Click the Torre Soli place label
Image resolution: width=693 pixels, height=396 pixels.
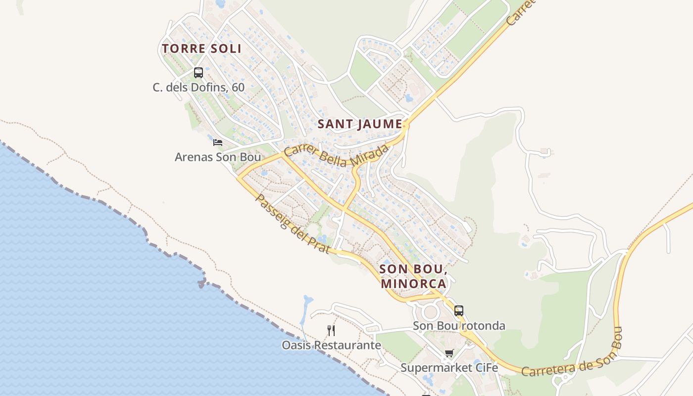pyautogui.click(x=201, y=49)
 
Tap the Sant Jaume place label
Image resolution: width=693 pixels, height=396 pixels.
pyautogui.click(x=360, y=124)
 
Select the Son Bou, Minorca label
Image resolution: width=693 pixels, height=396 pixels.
pyautogui.click(x=414, y=277)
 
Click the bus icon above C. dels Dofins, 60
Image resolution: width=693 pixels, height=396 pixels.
pyautogui.click(x=198, y=73)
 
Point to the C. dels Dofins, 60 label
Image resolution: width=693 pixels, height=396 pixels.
pyautogui.click(x=198, y=88)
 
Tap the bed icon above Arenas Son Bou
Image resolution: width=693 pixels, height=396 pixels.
pyautogui.click(x=218, y=143)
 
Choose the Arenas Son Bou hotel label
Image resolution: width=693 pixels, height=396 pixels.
pyautogui.click(x=218, y=157)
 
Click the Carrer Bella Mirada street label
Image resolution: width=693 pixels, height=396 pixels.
pyautogui.click(x=337, y=155)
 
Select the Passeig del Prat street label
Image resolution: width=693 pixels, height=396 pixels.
pyautogui.click(x=292, y=224)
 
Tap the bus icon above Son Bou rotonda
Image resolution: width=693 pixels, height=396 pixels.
pyautogui.click(x=459, y=311)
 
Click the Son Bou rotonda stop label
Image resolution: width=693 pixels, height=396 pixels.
pyautogui.click(x=459, y=326)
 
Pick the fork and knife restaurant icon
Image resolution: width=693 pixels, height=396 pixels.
pyautogui.click(x=331, y=330)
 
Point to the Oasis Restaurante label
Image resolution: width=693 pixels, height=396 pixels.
pyautogui.click(x=331, y=345)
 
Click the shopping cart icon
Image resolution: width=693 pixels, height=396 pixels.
pyautogui.click(x=449, y=353)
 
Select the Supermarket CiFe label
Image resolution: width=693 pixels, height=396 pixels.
pyautogui.click(x=449, y=368)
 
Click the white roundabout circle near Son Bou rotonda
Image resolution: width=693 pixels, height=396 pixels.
pyautogui.click(x=430, y=312)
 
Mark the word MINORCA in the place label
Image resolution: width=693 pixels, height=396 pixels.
pyautogui.click(x=414, y=284)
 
